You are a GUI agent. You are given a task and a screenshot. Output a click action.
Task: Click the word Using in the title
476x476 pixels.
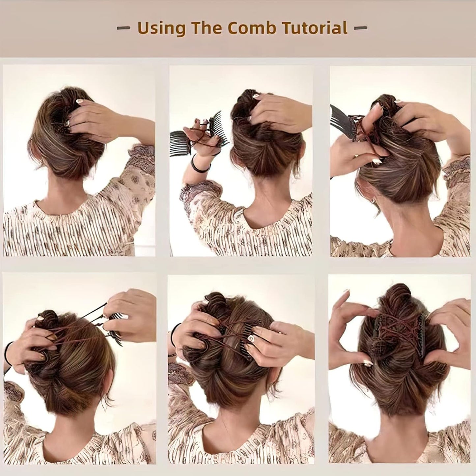(x=161, y=29)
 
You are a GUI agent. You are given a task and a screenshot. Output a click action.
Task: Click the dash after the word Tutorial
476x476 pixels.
(x=360, y=28)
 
